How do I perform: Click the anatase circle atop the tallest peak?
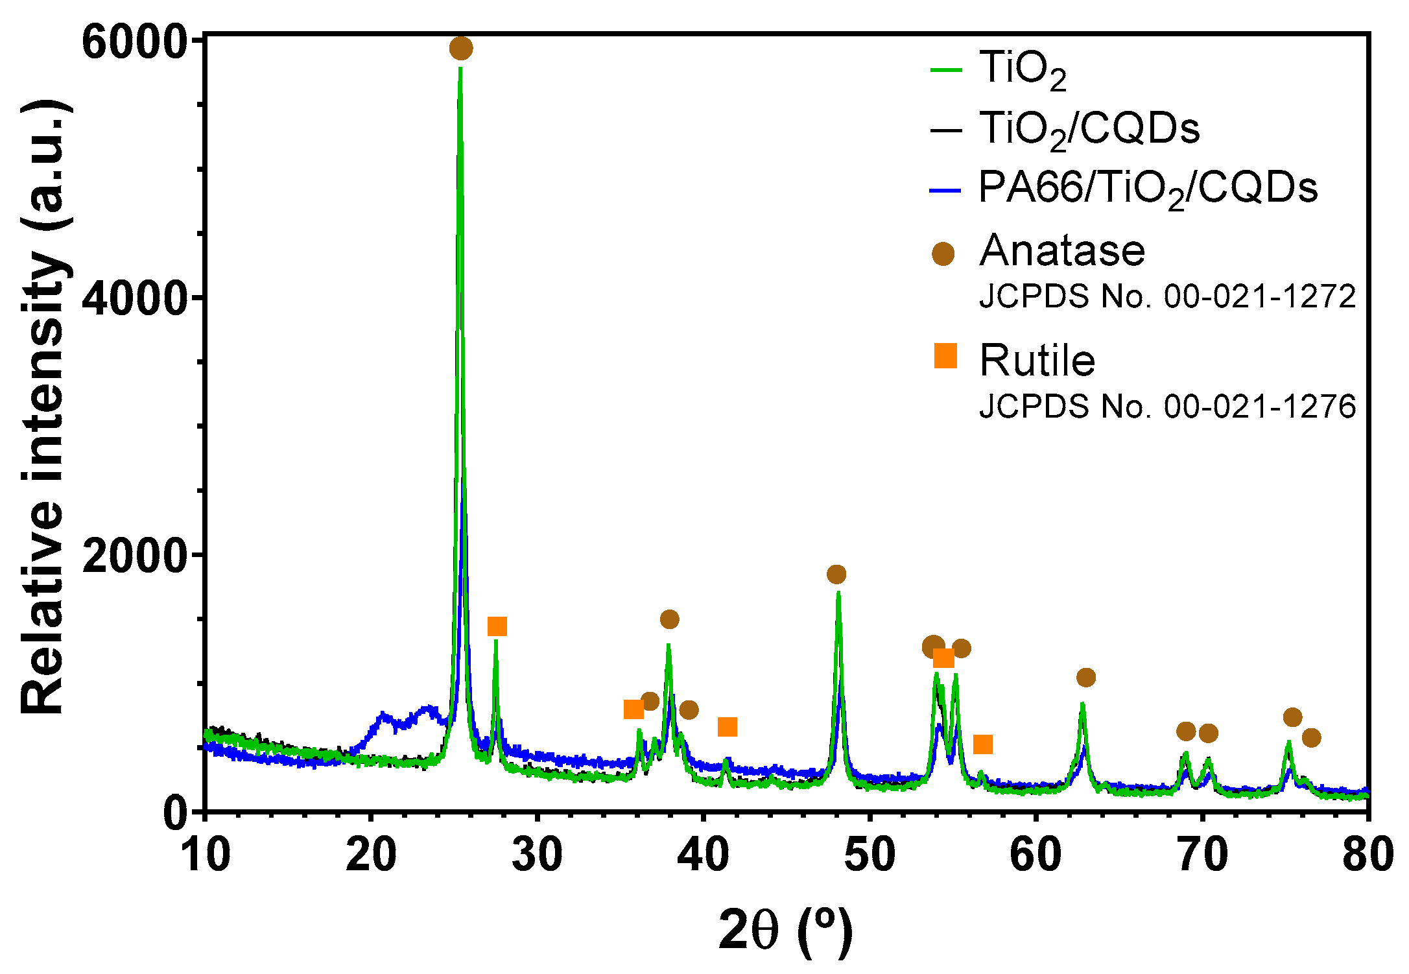pyautogui.click(x=461, y=48)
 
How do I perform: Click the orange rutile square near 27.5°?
pyautogui.click(x=497, y=626)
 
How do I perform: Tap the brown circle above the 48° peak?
pyautogui.click(x=836, y=574)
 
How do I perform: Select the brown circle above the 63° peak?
pyautogui.click(x=1086, y=678)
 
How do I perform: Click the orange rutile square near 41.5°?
pyautogui.click(x=728, y=727)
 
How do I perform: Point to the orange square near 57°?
pyautogui.click(x=983, y=744)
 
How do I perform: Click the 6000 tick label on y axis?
pyautogui.click(x=134, y=43)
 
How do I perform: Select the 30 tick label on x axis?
pyautogui.click(x=537, y=854)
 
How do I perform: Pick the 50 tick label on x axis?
pyautogui.click(x=870, y=854)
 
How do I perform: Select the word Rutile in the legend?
pyautogui.click(x=1037, y=361)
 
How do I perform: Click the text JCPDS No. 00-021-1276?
pyautogui.click(x=1167, y=407)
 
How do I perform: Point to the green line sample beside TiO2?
pyautogui.click(x=946, y=69)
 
